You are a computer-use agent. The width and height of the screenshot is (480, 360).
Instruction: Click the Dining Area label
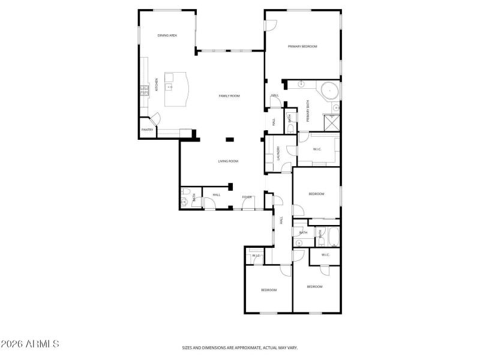pyautogui.click(x=167, y=35)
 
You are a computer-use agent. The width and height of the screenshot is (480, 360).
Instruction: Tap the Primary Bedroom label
pyautogui.click(x=302, y=46)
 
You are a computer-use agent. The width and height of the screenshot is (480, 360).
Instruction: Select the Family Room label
pyautogui.click(x=229, y=96)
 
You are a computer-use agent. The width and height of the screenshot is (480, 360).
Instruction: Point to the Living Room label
pyautogui.click(x=228, y=161)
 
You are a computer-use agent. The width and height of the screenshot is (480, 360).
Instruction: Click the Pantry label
pyautogui.click(x=147, y=130)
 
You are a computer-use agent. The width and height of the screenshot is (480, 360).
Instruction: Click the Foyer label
pyautogui.click(x=247, y=197)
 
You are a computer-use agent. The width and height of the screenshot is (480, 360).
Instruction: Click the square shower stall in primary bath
pyautogui.click(x=332, y=122)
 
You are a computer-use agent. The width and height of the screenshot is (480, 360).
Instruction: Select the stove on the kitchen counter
pyautogui.click(x=144, y=91)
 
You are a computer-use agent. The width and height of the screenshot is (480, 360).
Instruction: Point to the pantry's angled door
pyautogui.click(x=154, y=119)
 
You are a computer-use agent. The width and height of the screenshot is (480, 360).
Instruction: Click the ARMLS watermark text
pyautogui.click(x=30, y=344)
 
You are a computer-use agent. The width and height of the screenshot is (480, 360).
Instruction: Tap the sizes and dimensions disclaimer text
pyautogui.click(x=240, y=347)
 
